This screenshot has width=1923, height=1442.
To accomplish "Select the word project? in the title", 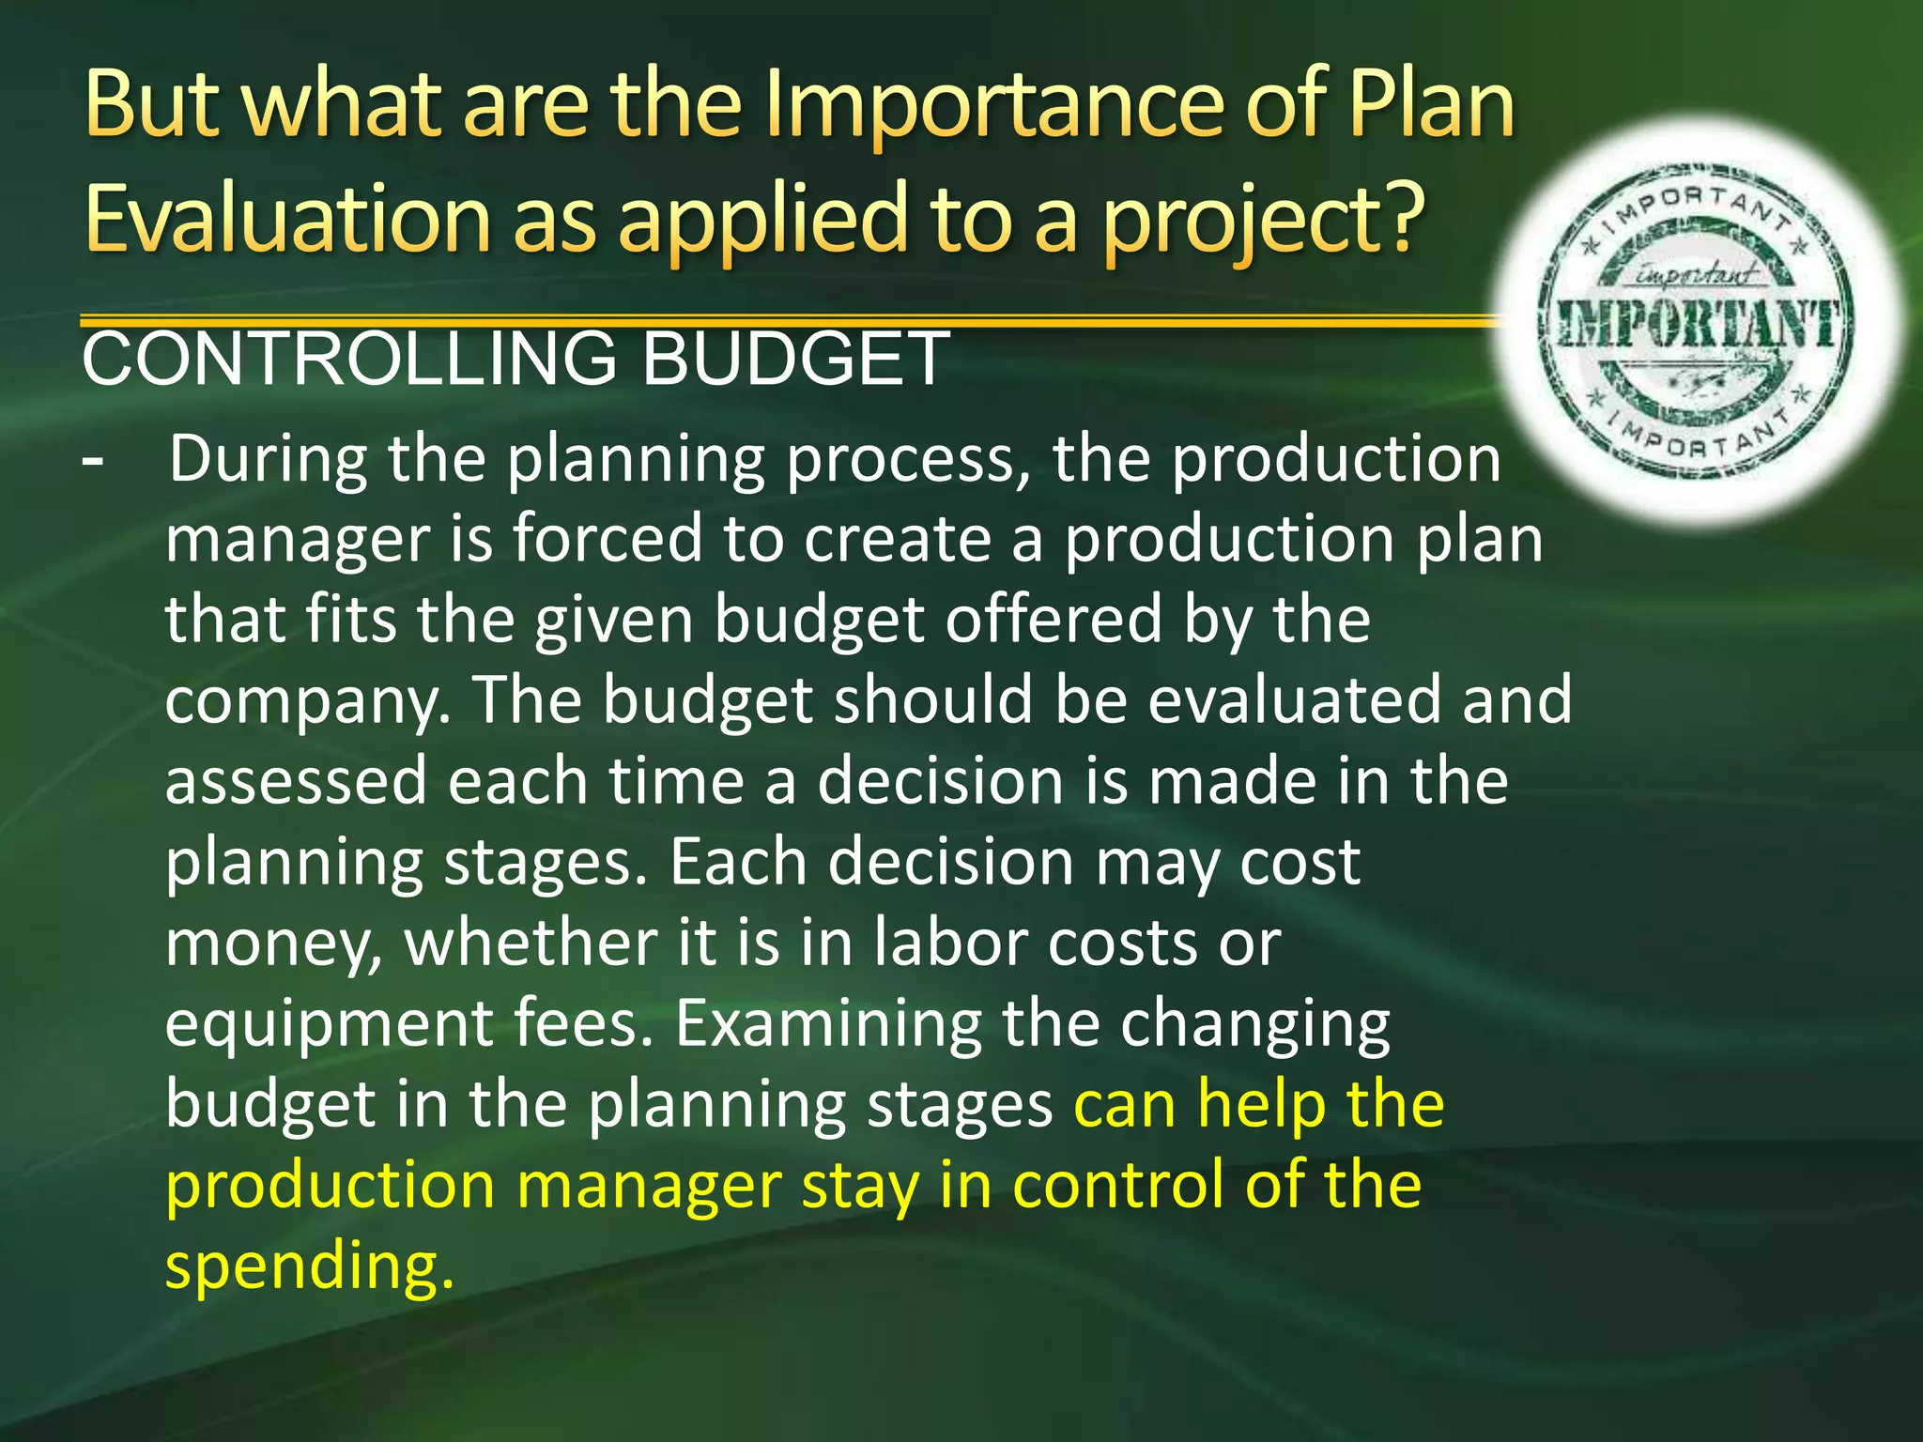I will pyautogui.click(x=1262, y=222).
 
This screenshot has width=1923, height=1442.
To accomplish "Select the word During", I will pyautogui.click(x=268, y=459).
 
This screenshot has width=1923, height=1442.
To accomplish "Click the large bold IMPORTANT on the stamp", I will pyautogui.click(x=1696, y=326).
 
